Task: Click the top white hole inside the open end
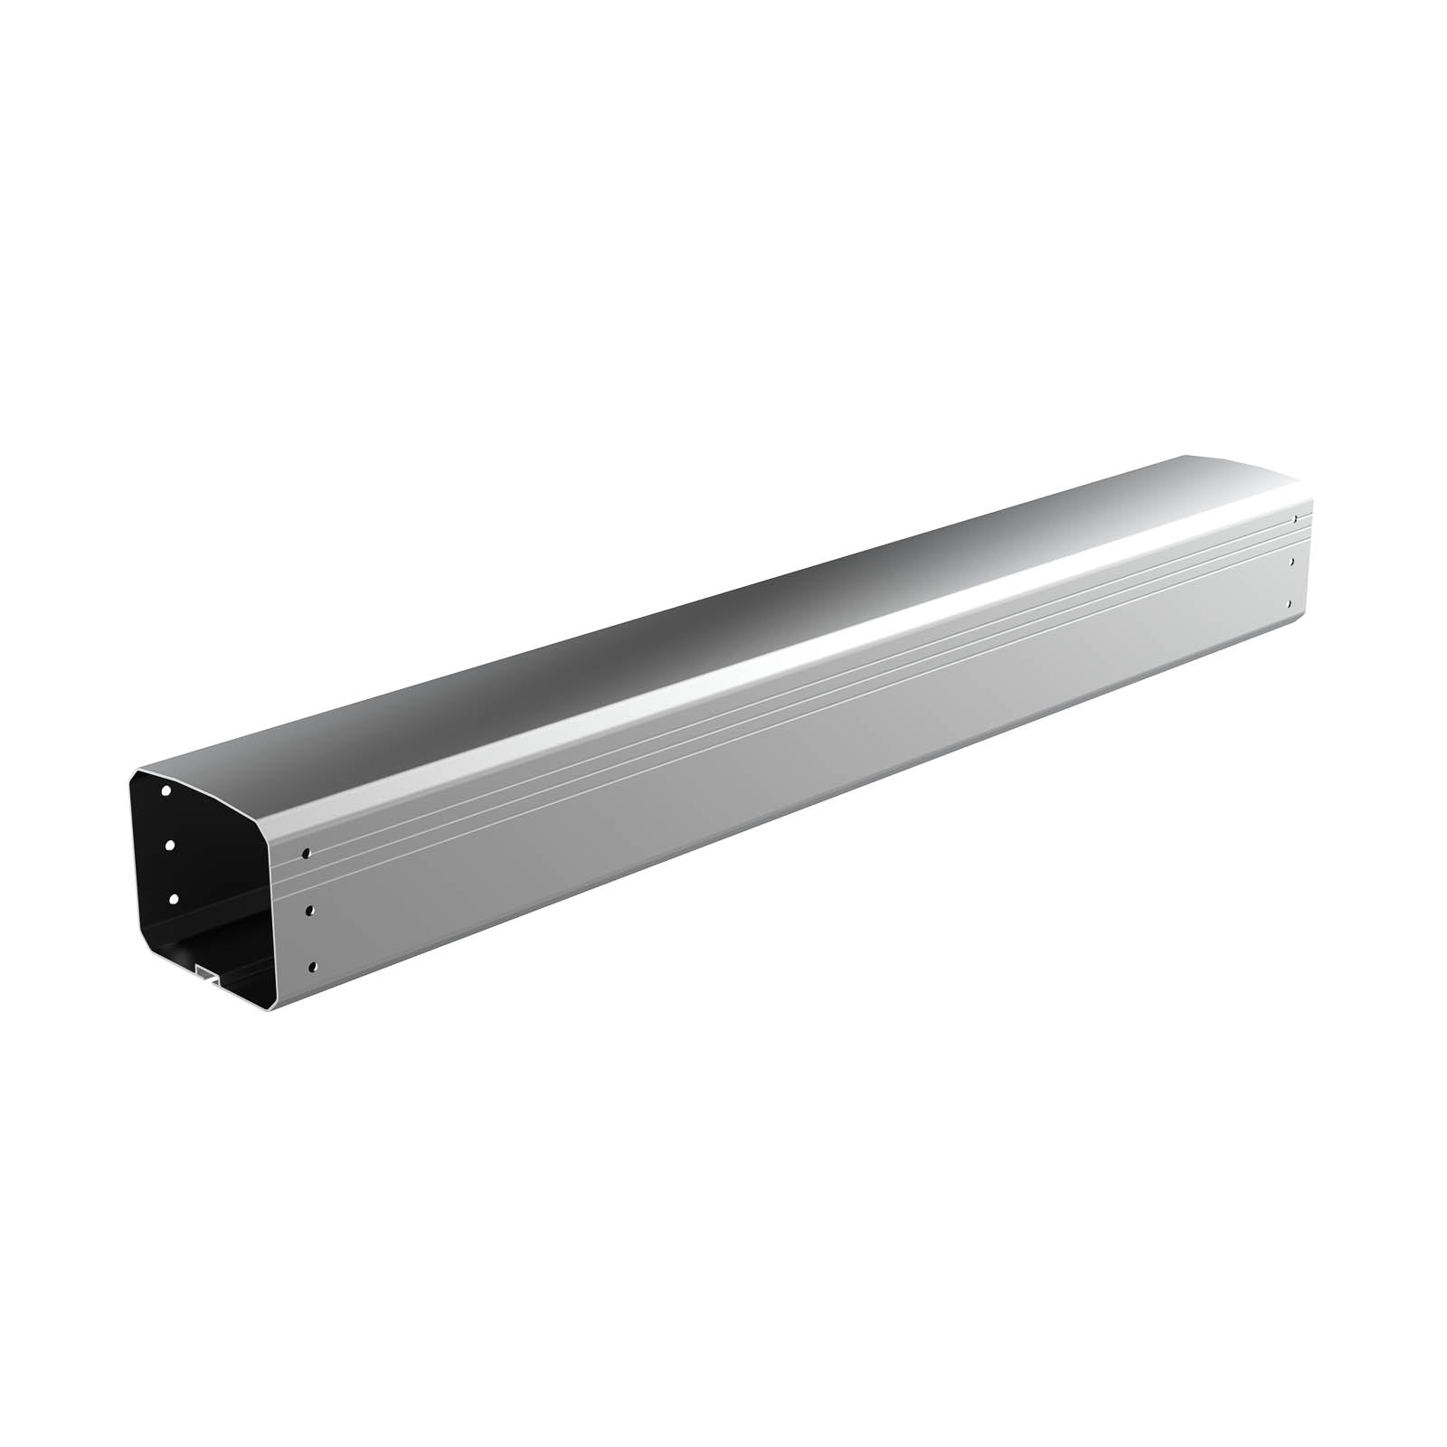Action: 166,790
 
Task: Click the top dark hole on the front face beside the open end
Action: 307,853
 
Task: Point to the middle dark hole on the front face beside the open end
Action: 310,910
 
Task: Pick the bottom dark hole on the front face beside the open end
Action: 313,967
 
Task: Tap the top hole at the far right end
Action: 1296,519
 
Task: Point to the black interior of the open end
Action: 217,859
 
